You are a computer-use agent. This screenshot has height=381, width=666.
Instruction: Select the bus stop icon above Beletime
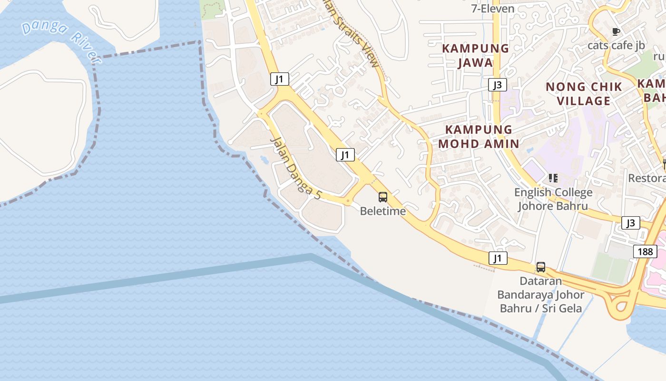coord(383,197)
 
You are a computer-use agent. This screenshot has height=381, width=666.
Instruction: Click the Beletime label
coord(383,211)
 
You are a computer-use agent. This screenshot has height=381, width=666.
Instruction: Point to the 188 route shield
coord(645,251)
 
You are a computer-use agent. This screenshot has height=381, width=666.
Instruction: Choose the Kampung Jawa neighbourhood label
coord(476,55)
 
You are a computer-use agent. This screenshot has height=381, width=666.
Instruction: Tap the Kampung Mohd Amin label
coord(479,136)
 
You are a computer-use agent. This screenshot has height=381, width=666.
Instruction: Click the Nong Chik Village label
coord(584,94)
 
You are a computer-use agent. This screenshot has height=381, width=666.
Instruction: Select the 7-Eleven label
coord(493,9)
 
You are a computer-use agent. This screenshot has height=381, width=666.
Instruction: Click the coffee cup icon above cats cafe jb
coord(616,32)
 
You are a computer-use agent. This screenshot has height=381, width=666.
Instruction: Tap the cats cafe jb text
coord(616,45)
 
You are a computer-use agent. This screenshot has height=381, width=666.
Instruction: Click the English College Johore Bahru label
coord(553,199)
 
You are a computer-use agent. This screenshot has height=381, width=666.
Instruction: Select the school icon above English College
coord(553,179)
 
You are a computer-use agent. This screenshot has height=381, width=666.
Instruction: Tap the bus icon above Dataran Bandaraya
coord(541,267)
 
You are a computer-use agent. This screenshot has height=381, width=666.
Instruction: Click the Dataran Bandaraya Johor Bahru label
coord(541,294)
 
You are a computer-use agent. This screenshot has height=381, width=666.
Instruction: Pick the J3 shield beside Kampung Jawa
coord(497,85)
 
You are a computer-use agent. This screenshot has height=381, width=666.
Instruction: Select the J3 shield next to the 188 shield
coord(630,223)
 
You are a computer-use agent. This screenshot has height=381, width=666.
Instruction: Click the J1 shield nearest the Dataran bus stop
coord(498,258)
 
